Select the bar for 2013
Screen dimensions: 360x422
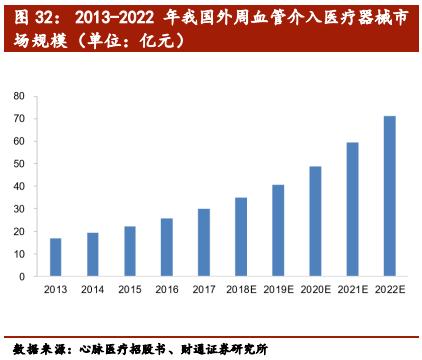(x=54, y=259)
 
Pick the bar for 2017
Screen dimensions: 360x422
(x=203, y=244)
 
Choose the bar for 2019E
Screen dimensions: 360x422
(x=278, y=232)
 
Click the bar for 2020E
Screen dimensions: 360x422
(x=315, y=223)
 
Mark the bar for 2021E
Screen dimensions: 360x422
(x=352, y=211)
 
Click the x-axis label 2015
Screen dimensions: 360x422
(x=129, y=291)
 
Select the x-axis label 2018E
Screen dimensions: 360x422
(x=240, y=291)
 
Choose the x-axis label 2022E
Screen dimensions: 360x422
(x=389, y=291)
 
